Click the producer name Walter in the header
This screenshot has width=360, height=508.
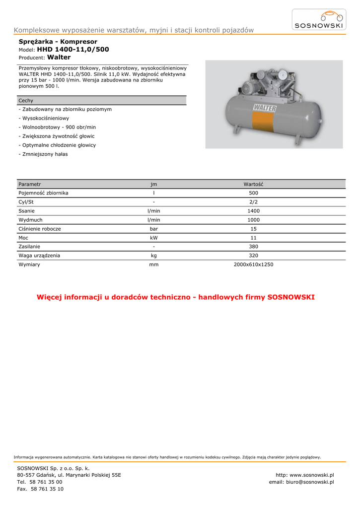tap(59, 58)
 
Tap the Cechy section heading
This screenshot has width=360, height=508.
tap(26, 101)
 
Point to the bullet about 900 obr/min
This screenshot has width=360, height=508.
tap(58, 127)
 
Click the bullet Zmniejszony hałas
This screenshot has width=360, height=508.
tap(44, 154)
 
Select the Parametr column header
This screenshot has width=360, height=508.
tap(29, 184)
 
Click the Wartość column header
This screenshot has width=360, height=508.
tap(253, 184)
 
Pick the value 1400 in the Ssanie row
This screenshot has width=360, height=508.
tap(253, 211)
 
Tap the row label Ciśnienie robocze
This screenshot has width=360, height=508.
tap(40, 229)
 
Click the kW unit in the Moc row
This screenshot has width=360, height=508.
tap(154, 238)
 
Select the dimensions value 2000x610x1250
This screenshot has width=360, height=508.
tap(253, 265)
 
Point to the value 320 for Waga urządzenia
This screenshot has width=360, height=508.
tap(253, 256)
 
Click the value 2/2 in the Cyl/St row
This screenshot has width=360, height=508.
tap(253, 202)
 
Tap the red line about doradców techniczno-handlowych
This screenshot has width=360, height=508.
tap(176, 298)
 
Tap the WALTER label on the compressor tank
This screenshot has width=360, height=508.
tap(265, 108)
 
